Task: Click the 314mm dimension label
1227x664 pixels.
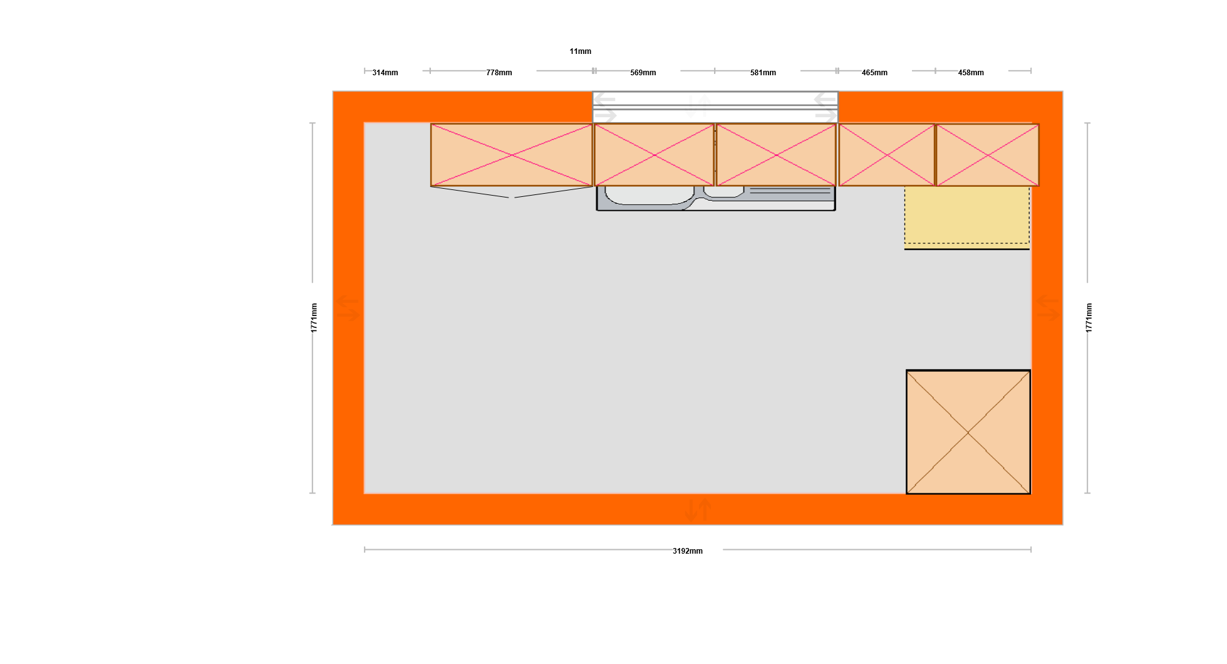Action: (385, 73)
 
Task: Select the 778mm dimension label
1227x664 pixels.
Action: (499, 73)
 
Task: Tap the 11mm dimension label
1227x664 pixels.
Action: (581, 51)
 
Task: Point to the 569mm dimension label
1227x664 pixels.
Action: (643, 73)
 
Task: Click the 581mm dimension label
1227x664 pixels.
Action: (763, 73)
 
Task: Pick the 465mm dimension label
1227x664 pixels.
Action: (874, 73)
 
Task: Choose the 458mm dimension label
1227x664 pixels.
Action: (971, 73)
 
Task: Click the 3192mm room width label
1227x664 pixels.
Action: (688, 551)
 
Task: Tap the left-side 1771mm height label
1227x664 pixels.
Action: (314, 318)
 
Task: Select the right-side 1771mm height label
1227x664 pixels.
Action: (1089, 318)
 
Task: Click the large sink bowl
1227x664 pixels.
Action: (650, 195)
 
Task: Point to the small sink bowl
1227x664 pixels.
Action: (724, 192)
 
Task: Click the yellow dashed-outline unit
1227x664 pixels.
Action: (967, 215)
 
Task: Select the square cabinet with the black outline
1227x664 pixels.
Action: (968, 432)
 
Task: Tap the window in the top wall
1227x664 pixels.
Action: (715, 107)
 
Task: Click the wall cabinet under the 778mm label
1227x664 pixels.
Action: (512, 155)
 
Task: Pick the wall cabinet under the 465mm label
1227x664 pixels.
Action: (887, 155)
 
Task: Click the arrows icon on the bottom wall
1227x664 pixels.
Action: (698, 510)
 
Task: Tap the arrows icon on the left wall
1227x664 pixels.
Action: (348, 308)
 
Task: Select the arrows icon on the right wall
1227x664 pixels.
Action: (1048, 308)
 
